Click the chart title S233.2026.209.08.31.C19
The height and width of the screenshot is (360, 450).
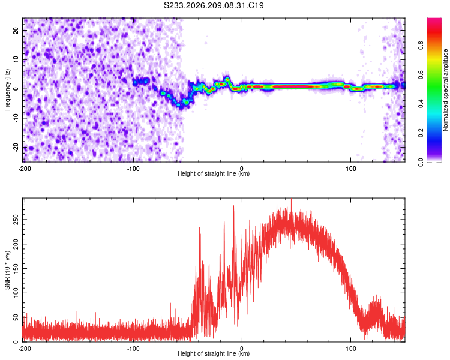click(214, 5)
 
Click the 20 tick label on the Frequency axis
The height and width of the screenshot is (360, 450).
click(16, 30)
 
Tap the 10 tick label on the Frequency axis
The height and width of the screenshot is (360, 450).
click(16, 59)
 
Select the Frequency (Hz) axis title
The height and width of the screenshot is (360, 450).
click(7, 90)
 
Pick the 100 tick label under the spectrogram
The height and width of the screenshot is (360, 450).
click(351, 169)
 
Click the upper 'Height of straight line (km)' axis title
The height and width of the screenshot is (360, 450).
click(214, 173)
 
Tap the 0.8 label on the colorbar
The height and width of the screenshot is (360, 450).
click(421, 46)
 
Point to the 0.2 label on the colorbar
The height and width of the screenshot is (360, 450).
click(421, 133)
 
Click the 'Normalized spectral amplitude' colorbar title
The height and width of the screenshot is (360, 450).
click(445, 90)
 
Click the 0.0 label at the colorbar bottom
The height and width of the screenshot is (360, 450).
click(421, 163)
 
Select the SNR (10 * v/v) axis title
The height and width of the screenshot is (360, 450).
click(7, 270)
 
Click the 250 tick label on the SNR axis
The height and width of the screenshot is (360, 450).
click(16, 220)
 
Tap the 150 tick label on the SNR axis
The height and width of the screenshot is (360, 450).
click(16, 269)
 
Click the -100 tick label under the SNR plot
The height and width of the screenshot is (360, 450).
click(133, 349)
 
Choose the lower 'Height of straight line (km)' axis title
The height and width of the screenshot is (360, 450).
click(214, 353)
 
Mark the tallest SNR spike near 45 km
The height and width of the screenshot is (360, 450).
click(291, 199)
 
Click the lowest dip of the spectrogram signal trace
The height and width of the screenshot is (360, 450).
click(180, 107)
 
